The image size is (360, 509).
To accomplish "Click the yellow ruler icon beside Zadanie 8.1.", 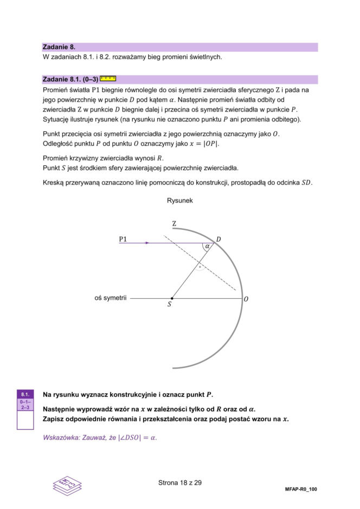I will point(108,79).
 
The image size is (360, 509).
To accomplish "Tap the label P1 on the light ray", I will point(123,239).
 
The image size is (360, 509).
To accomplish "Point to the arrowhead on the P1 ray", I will point(147,243).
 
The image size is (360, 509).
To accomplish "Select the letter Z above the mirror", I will point(174,223).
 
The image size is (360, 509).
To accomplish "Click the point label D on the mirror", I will point(218,239).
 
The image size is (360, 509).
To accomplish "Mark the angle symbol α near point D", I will point(207,247).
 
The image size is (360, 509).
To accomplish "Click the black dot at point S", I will point(172,298).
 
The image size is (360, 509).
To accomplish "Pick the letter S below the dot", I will point(169,305).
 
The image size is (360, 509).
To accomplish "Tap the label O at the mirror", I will point(247,299).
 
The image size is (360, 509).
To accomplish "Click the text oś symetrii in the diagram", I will point(111,298).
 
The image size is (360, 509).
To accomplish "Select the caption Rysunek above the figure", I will point(180,201).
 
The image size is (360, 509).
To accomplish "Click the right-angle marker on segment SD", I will point(200,267).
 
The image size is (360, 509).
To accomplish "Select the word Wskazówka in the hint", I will point(61,437).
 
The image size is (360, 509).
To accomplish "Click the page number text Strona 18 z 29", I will point(180,482).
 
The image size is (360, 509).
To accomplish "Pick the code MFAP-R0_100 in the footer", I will point(300,489).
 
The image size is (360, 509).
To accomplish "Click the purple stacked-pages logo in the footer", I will point(67,484).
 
